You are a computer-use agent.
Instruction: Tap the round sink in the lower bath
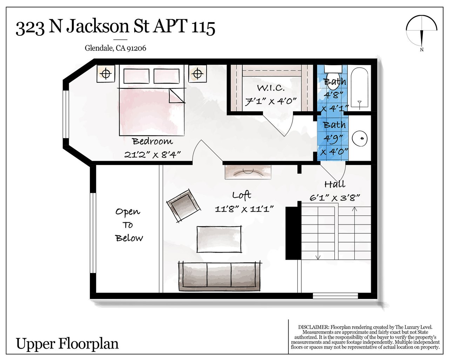point(360,138)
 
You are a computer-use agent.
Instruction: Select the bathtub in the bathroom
point(359,88)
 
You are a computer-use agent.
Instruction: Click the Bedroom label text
point(153,141)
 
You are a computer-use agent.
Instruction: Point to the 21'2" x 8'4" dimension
point(152,155)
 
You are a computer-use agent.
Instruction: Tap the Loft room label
point(242,195)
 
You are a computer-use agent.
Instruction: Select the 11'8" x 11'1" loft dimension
point(244,209)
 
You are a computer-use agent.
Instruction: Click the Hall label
point(335,184)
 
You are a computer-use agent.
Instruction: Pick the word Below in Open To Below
point(129,238)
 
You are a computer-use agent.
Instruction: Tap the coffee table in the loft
point(219,239)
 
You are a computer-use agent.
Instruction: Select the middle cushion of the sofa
point(219,275)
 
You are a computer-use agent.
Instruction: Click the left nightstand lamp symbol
point(106,74)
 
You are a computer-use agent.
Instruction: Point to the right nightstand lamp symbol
point(197,74)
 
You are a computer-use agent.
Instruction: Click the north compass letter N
point(422,50)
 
